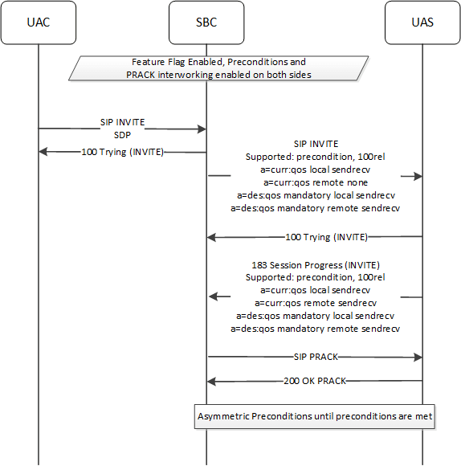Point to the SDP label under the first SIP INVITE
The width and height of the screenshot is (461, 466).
122,135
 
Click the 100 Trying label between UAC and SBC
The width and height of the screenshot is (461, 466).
122,151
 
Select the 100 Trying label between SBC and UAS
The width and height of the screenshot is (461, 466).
326,237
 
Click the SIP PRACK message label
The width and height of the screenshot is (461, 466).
316,356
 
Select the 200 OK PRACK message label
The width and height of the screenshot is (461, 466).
315,381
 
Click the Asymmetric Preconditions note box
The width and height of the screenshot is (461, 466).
316,416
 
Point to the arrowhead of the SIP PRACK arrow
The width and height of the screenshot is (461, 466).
418,356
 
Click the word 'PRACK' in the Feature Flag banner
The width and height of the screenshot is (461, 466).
145,75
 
